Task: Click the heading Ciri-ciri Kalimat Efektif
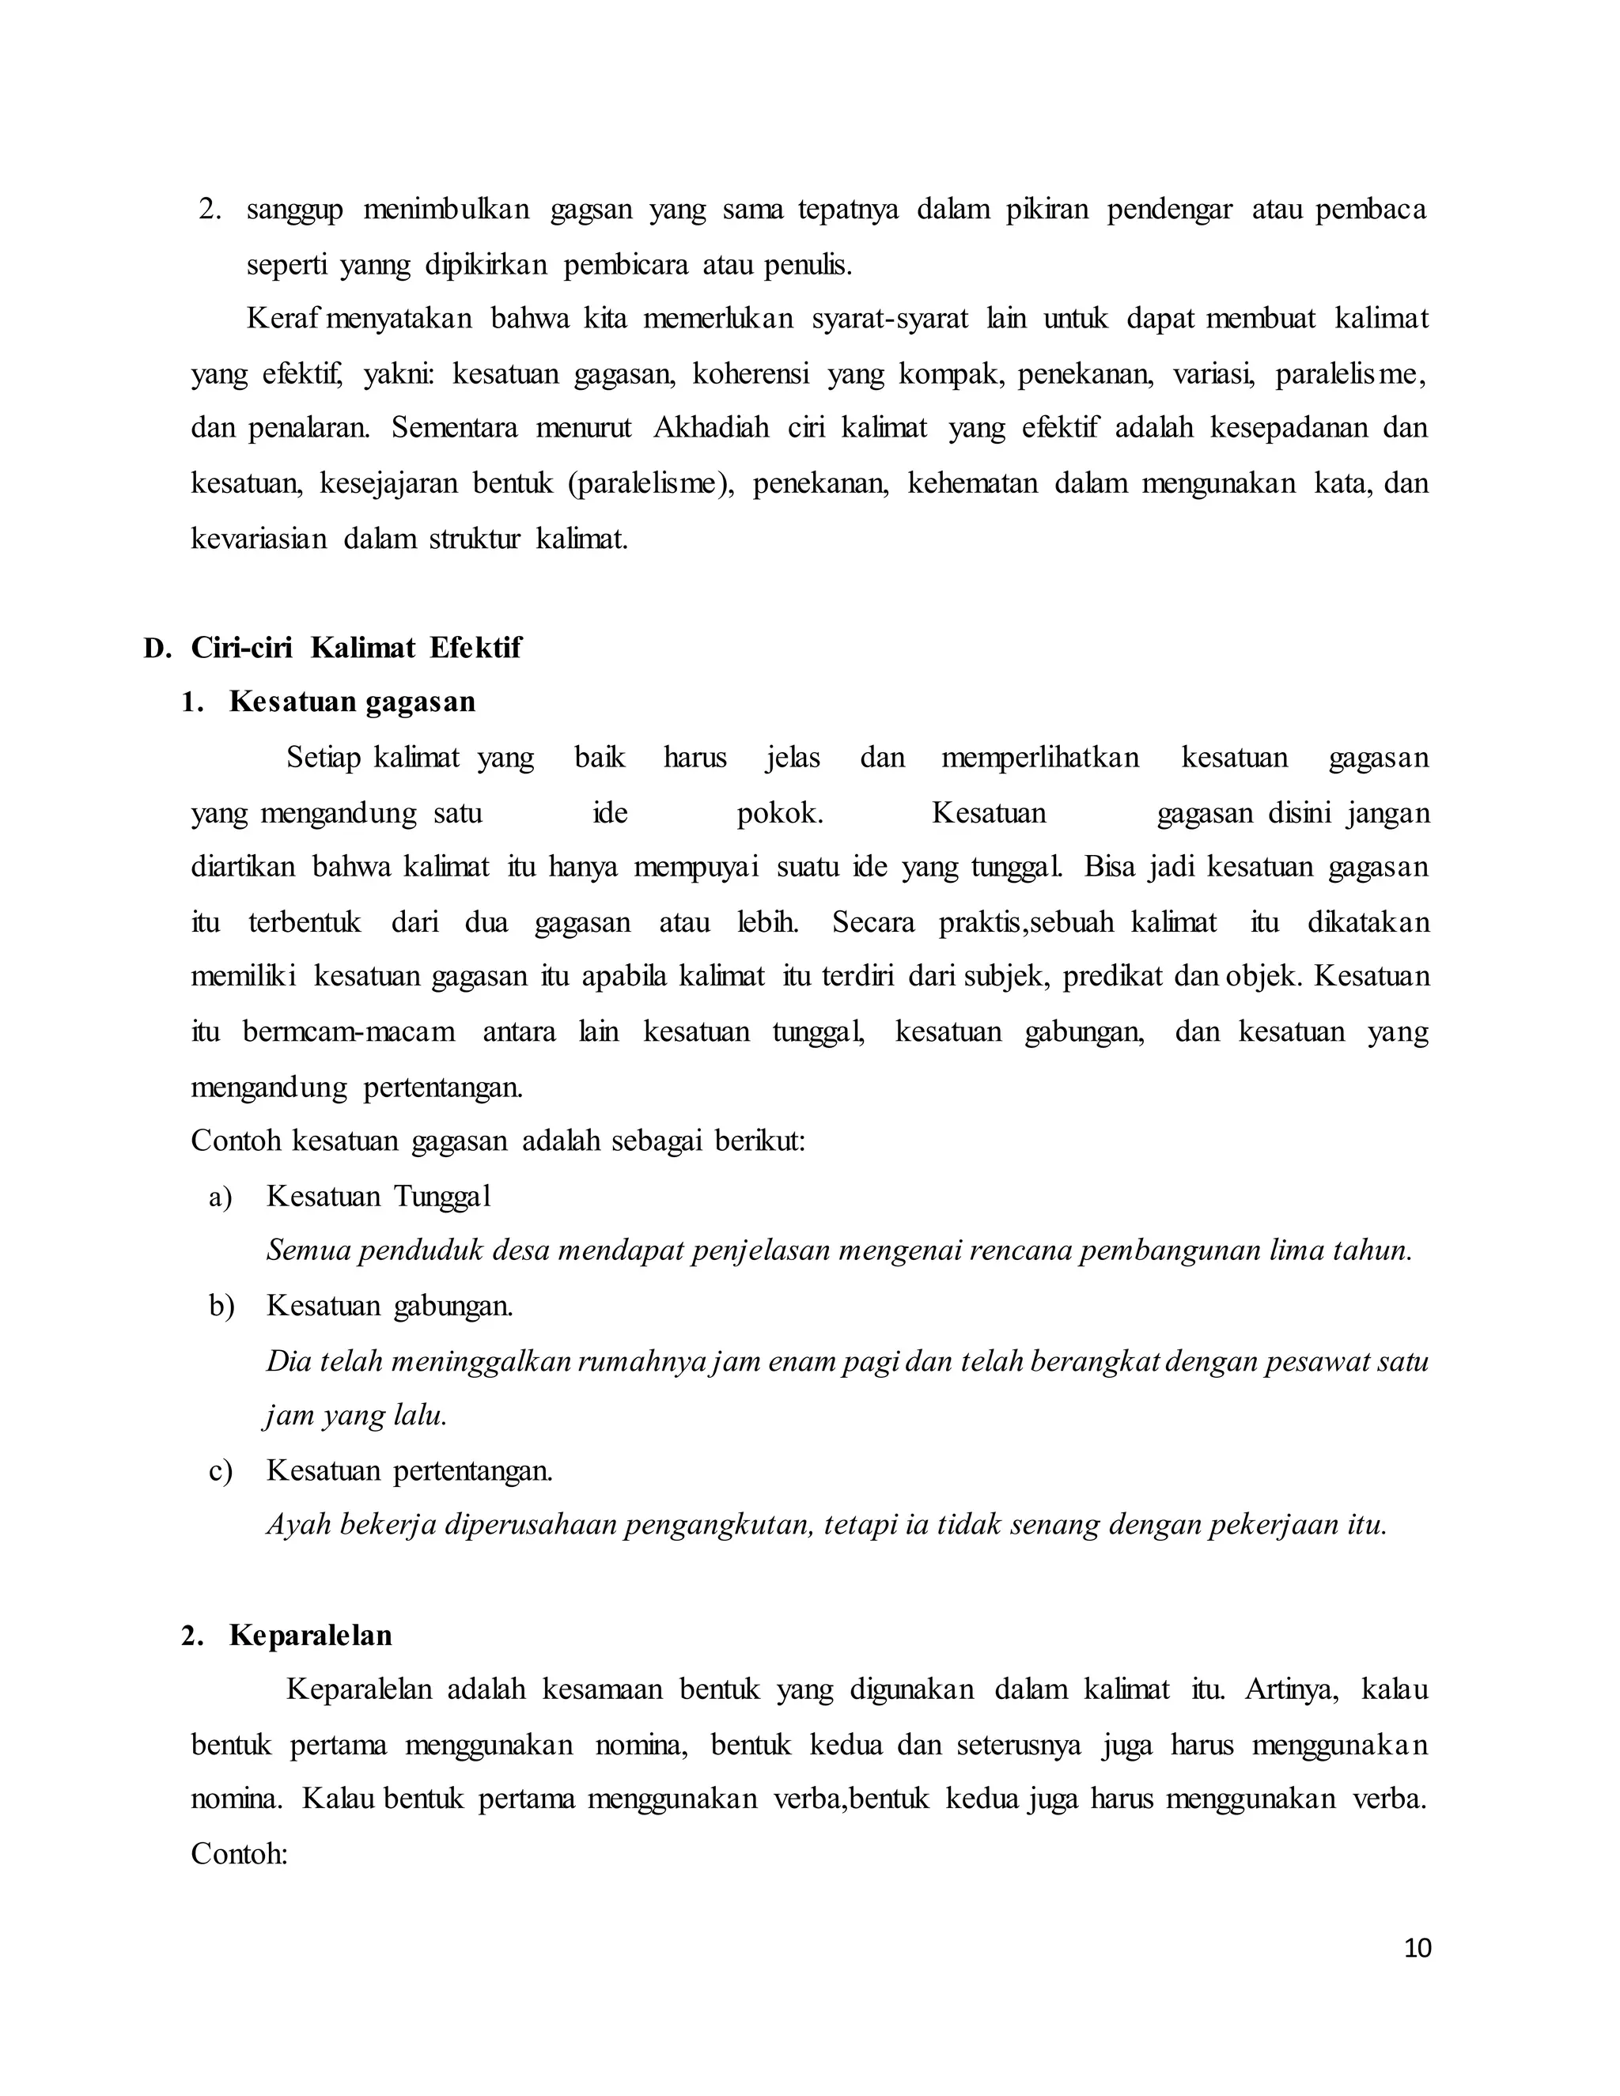pos(355,648)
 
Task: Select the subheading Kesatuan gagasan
pos(352,702)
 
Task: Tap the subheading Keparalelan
pos(310,1636)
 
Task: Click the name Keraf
pos(284,319)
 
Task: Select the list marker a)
pos(221,1197)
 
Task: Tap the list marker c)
pos(221,1471)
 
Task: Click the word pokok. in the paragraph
pos(779,814)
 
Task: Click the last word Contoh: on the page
pos(240,1853)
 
